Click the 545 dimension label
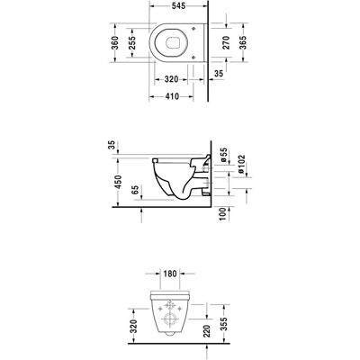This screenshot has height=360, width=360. pos(178,5)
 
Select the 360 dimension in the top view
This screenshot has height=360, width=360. pos(115,42)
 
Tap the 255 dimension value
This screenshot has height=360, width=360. pos(132,42)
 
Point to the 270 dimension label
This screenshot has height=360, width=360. pos(226,42)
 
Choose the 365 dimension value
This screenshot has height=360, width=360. pos(243,42)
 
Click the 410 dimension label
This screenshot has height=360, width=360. pos(172,96)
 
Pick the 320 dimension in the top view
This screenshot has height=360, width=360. pos(171,79)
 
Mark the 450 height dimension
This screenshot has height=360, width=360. pos(118,182)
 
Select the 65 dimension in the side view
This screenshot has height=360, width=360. pos(135,190)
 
